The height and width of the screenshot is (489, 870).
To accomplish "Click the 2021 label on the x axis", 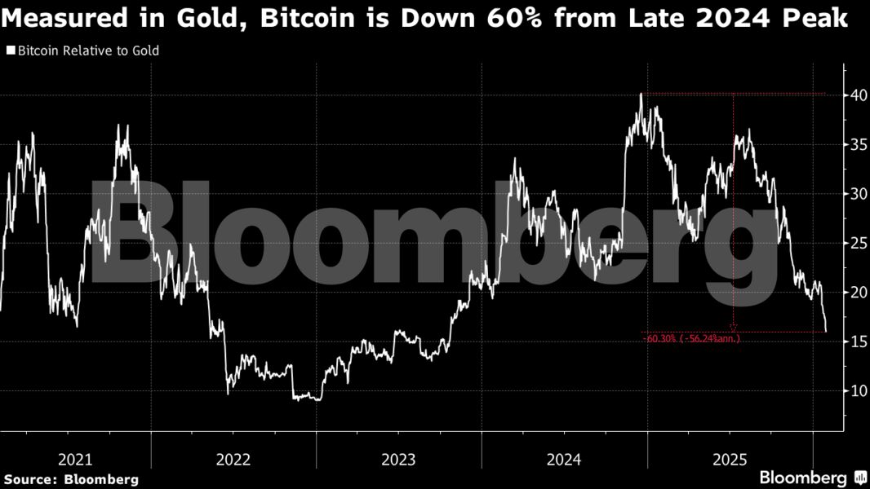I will [76, 460].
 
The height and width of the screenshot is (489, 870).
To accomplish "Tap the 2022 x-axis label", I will [233, 460].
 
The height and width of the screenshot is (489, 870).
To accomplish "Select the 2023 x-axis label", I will [399, 460].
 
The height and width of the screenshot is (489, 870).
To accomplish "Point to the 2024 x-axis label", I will [564, 460].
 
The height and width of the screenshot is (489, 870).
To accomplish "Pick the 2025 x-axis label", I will [729, 460].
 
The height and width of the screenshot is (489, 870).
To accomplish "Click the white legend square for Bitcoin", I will [10, 51].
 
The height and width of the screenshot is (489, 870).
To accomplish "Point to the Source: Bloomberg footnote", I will [71, 479].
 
